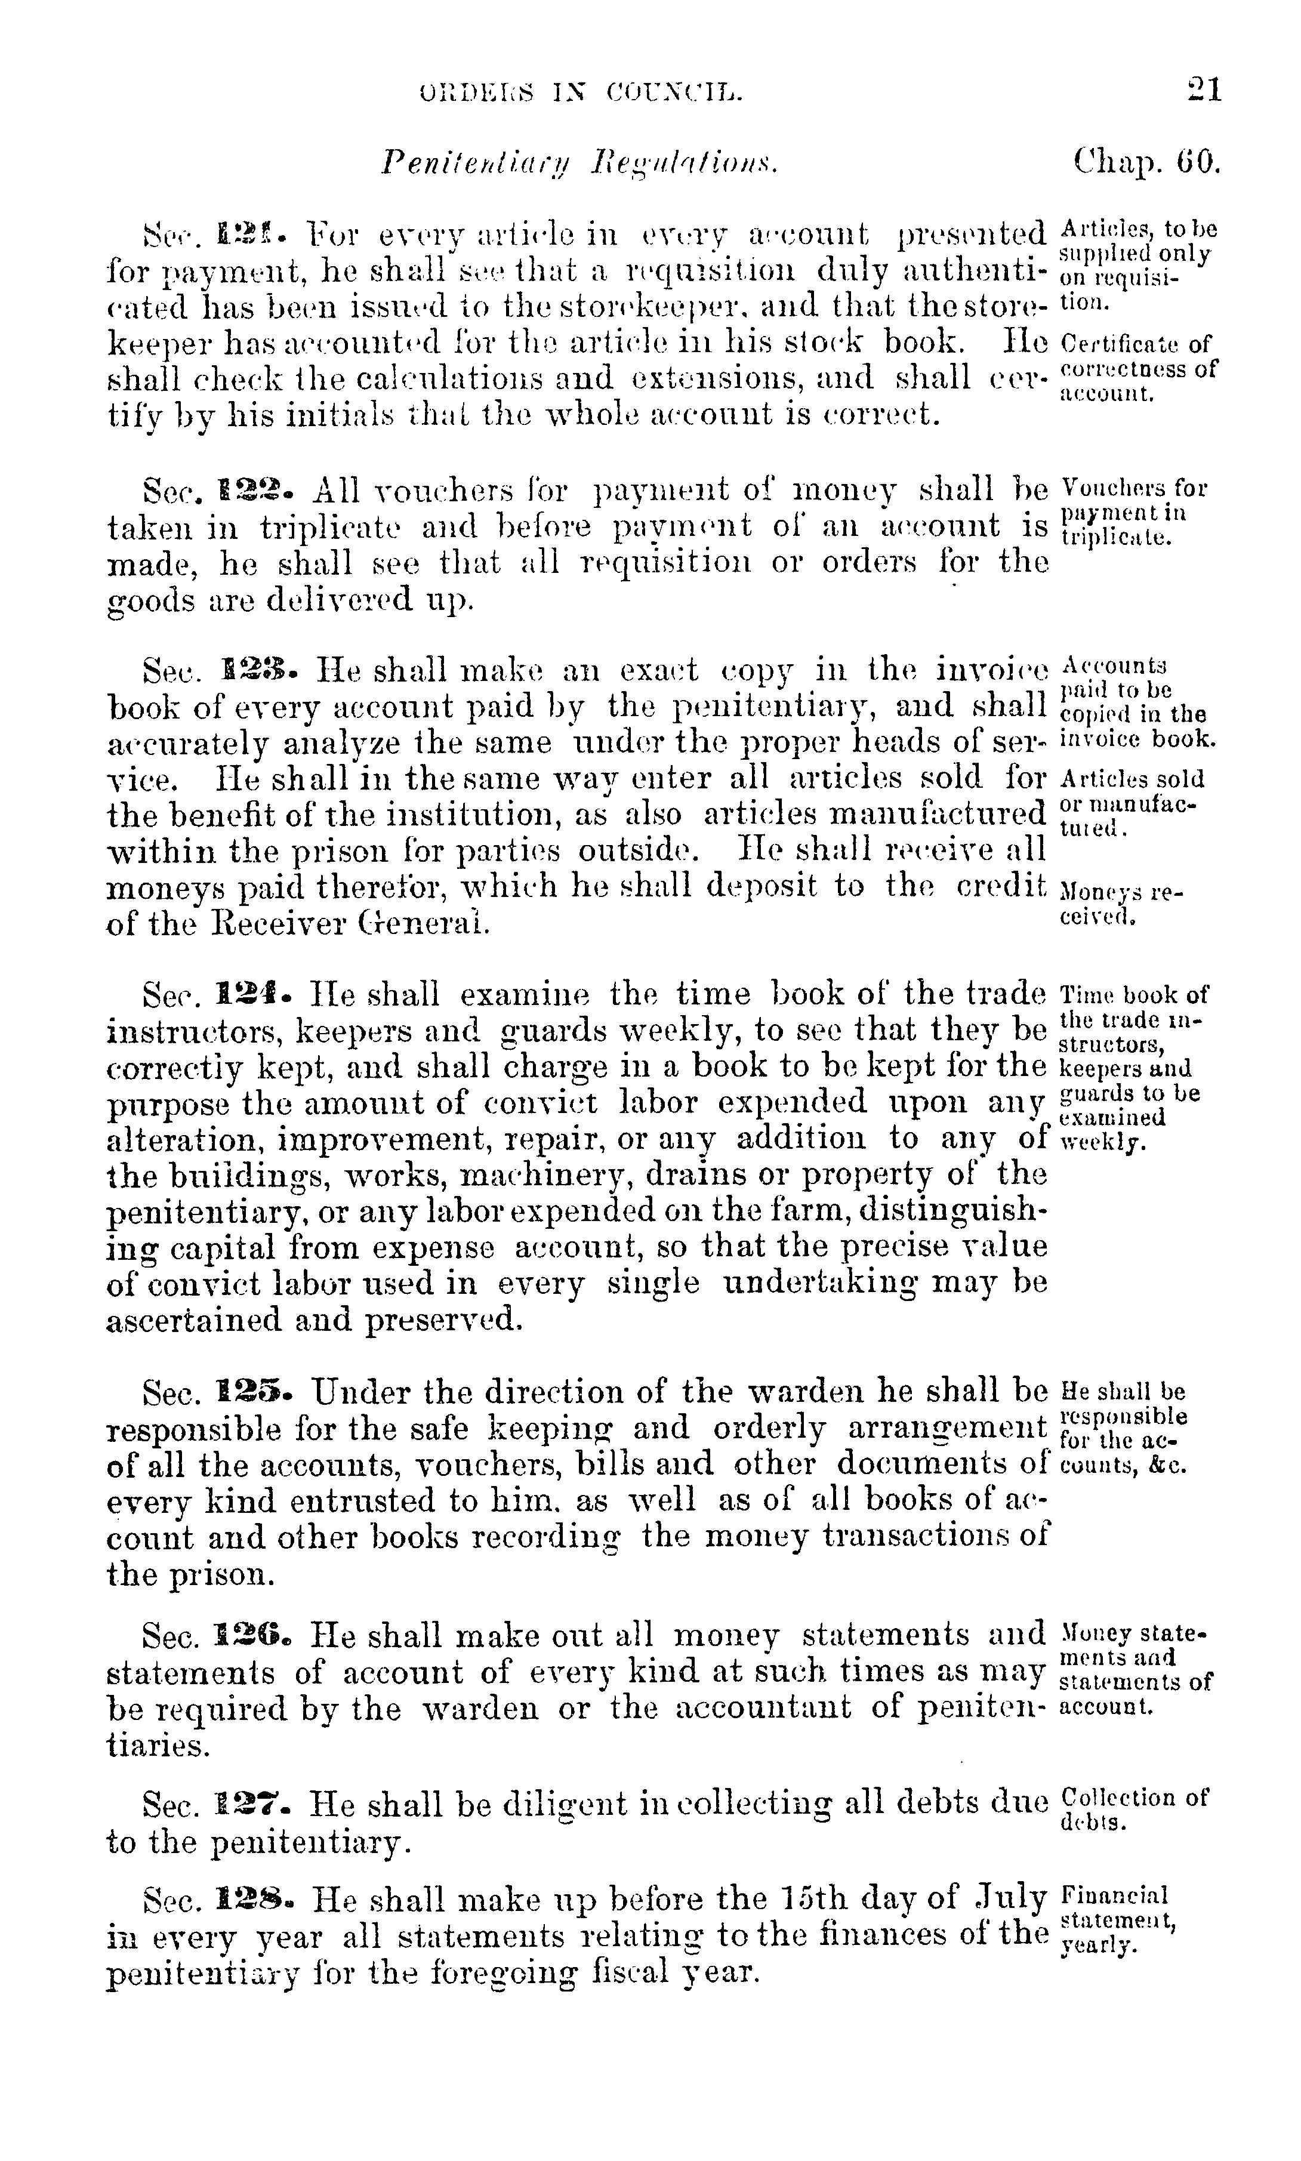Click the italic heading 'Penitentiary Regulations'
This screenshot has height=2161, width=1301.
579,163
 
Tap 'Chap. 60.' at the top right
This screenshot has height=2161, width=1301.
1146,162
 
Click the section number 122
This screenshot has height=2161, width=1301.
257,488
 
